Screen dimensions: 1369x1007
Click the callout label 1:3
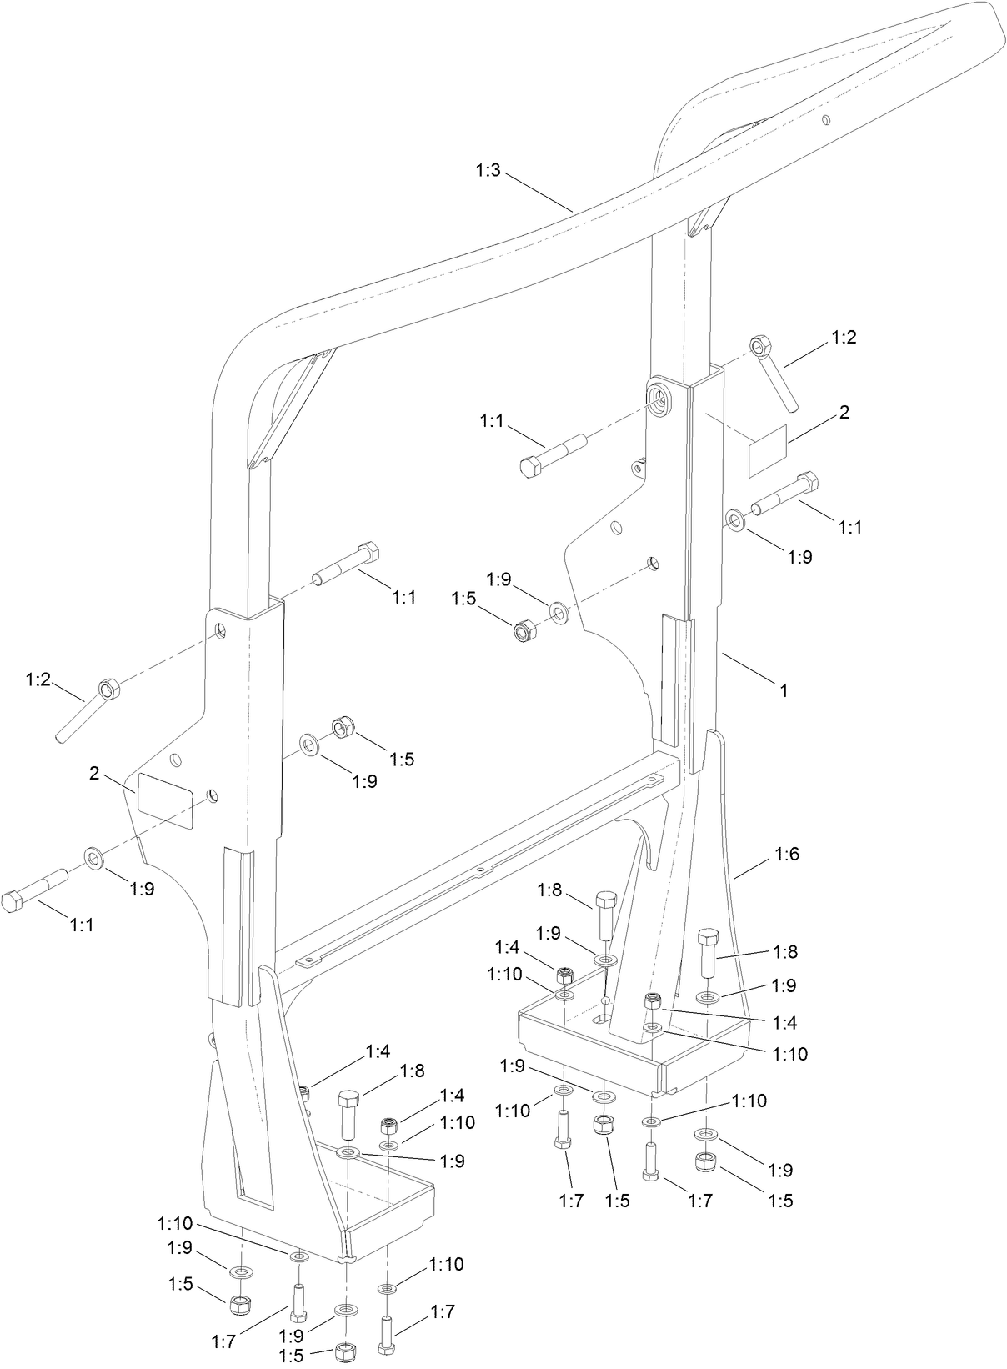[488, 171]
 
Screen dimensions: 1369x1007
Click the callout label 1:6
[787, 854]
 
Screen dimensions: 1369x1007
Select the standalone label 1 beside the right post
[783, 690]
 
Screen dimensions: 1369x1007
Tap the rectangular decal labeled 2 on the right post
[768, 451]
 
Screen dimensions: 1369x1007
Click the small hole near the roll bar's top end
[824, 121]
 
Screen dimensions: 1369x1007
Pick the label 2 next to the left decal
[95, 774]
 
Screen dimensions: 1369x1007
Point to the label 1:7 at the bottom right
[699, 1201]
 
